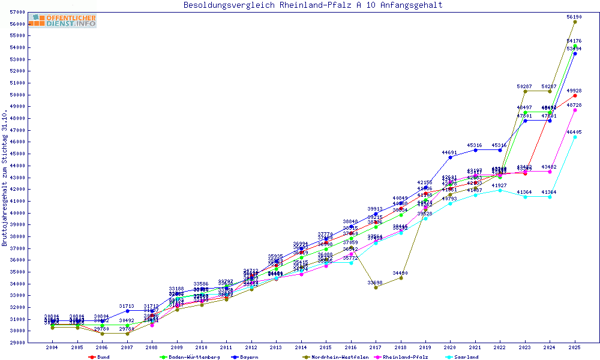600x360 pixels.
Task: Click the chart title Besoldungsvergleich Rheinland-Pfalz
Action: click(313, 5)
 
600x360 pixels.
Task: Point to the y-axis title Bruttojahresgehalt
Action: click(5, 178)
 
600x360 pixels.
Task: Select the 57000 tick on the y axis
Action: click(17, 13)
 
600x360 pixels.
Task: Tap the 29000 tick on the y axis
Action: click(17, 343)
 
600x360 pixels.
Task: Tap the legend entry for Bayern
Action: click(248, 357)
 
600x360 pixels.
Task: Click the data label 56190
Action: click(575, 17)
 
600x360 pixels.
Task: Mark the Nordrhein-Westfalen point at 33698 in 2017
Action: click(376, 287)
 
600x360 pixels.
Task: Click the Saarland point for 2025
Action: click(575, 137)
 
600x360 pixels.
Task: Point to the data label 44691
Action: click(450, 152)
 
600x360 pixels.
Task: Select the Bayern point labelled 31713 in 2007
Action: click(127, 311)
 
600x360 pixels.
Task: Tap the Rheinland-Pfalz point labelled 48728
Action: click(575, 110)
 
